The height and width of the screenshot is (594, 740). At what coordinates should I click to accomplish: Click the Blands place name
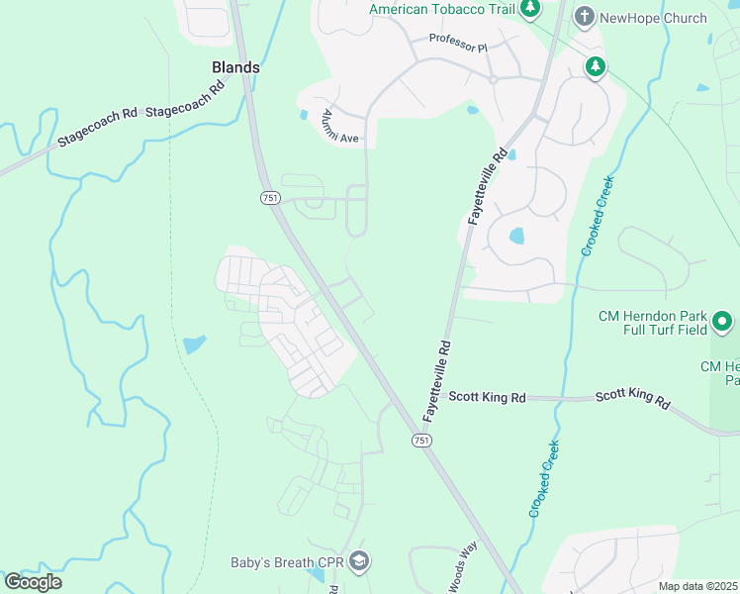[x=235, y=67]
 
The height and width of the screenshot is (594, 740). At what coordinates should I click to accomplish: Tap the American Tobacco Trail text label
[x=442, y=9]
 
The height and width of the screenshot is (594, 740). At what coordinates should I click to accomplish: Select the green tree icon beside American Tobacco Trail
[x=530, y=9]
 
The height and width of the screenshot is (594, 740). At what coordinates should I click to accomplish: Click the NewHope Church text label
[x=654, y=18]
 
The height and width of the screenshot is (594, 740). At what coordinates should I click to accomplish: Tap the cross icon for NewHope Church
[x=585, y=17]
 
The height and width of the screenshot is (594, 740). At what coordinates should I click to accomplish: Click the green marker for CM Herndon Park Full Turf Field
[x=722, y=322]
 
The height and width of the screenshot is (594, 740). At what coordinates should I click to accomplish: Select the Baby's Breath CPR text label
[x=286, y=562]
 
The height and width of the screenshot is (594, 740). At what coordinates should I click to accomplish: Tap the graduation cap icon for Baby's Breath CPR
[x=358, y=561]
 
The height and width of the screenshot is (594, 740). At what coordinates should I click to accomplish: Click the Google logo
[x=32, y=582]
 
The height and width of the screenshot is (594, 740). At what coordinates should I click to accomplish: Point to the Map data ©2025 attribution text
[x=697, y=586]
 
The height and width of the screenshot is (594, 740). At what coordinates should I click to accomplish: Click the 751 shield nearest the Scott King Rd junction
[x=421, y=440]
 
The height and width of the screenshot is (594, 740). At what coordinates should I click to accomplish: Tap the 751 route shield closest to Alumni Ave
[x=270, y=198]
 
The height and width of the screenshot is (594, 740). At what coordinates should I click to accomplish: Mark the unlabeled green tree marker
[x=595, y=67]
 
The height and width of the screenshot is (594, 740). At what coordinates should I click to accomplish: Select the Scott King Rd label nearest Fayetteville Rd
[x=487, y=397]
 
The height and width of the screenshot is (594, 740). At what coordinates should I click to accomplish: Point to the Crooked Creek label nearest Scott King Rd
[x=544, y=478]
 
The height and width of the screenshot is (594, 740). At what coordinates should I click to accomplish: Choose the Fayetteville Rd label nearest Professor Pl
[x=488, y=186]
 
